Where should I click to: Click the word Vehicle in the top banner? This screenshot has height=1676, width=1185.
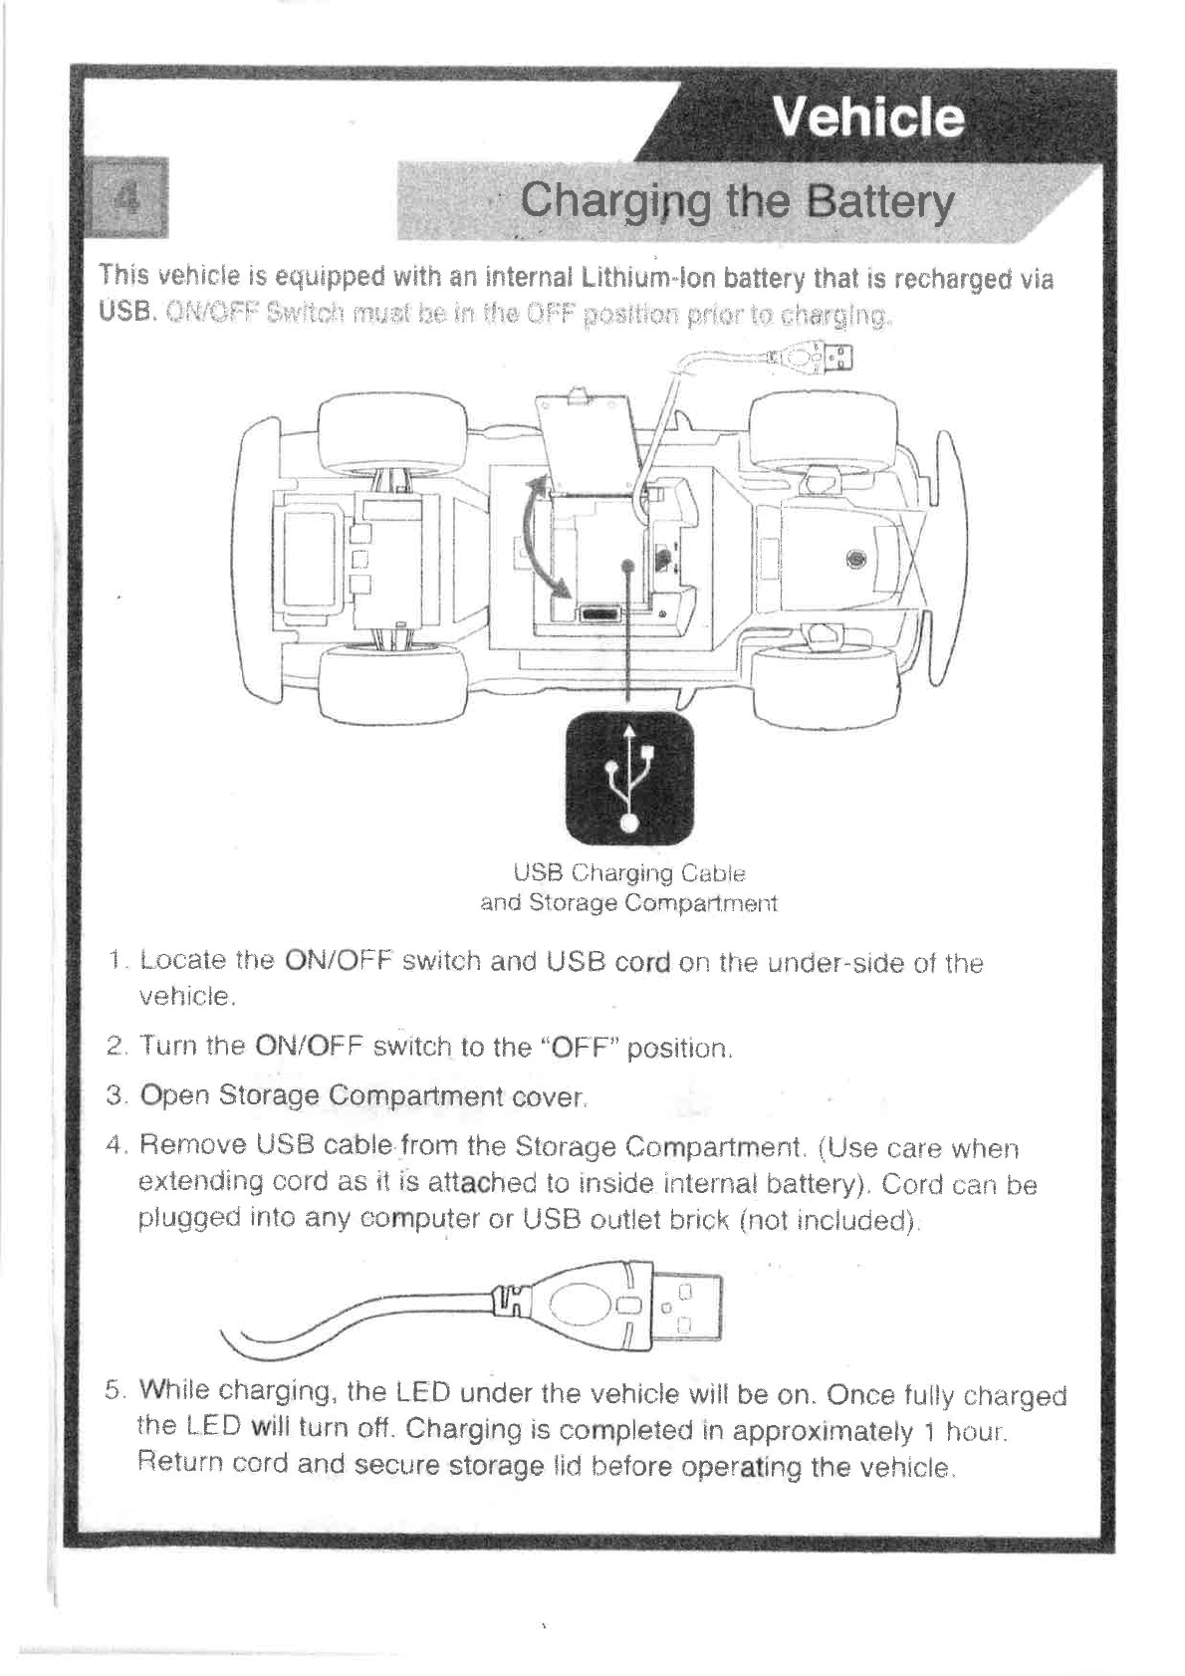[867, 118]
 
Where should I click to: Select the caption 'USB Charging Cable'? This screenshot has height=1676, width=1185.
[628, 873]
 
